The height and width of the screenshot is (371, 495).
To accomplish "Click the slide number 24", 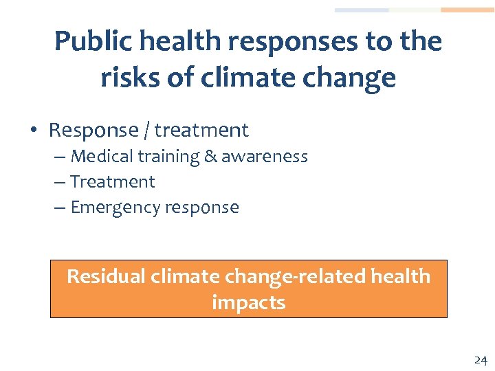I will [480, 360].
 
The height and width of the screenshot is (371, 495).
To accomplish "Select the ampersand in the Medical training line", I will [210, 157].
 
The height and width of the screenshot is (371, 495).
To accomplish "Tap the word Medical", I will [102, 157].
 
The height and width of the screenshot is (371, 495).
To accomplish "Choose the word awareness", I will [264, 157].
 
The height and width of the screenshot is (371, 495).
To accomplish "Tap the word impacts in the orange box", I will [248, 302].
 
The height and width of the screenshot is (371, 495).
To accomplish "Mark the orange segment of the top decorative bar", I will [467, 10].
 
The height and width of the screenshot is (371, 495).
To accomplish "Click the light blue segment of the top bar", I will [362, 10].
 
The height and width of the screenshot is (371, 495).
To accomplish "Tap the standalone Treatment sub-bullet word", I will [113, 182].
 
